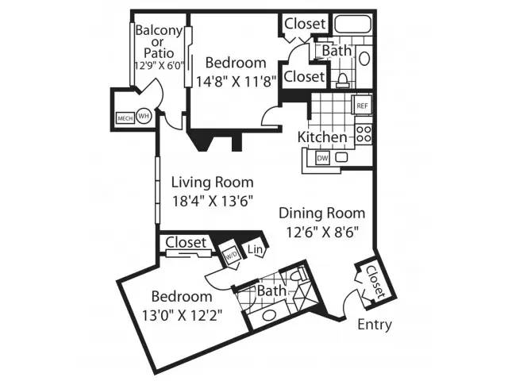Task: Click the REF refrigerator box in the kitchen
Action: [x=362, y=105]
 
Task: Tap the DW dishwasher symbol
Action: [x=322, y=158]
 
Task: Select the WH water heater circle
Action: [x=144, y=115]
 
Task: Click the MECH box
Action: [x=125, y=118]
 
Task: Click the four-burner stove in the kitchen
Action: [x=364, y=134]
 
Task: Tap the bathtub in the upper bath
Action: [x=352, y=24]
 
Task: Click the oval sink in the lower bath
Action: [x=269, y=315]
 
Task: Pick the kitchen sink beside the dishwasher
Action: [x=341, y=157]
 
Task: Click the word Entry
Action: [x=375, y=325]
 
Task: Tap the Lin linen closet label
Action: [x=255, y=249]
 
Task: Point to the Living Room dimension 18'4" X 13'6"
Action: [x=212, y=201]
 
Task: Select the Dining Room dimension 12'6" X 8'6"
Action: [x=322, y=232]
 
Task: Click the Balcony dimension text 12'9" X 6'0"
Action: [x=160, y=66]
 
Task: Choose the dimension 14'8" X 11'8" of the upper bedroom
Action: [x=237, y=81]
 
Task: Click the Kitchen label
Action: [x=322, y=137]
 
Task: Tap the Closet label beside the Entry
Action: [x=375, y=282]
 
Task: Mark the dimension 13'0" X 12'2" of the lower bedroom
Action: [x=182, y=315]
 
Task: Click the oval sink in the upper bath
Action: [x=364, y=59]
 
